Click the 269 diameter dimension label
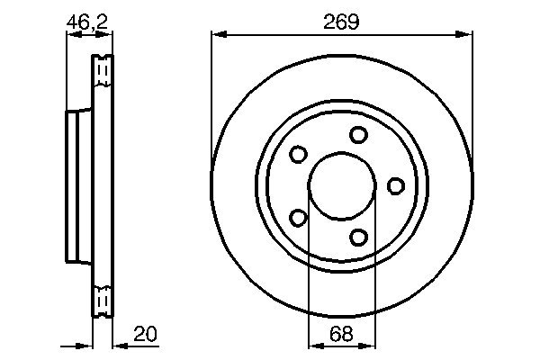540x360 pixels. pyautogui.click(x=342, y=22)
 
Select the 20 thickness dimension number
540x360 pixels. pyautogui.click(x=144, y=334)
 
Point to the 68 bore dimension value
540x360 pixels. pyautogui.click(x=339, y=334)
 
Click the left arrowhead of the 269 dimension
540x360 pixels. pyautogui.click(x=217, y=35)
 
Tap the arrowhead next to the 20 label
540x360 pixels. pyautogui.click(x=117, y=345)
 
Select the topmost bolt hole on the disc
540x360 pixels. pyautogui.click(x=359, y=135)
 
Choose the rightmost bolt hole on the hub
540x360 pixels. pyautogui.click(x=395, y=185)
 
